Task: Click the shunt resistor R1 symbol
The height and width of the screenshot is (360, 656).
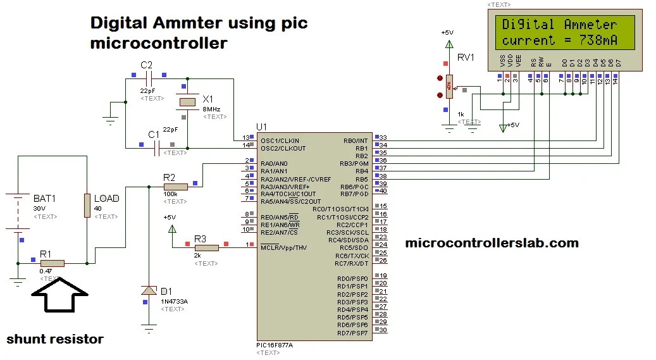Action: [52, 263]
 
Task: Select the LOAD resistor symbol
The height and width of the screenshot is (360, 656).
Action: [87, 206]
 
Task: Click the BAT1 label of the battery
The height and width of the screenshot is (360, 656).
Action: [44, 199]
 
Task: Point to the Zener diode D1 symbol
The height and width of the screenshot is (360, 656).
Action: [149, 290]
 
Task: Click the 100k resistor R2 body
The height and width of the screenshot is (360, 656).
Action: [175, 187]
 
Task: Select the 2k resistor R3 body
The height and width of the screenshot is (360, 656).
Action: [206, 247]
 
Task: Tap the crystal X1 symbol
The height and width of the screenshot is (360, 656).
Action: [187, 102]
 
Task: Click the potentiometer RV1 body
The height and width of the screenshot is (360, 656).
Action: [449, 86]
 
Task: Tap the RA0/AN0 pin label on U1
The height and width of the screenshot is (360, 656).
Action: [275, 164]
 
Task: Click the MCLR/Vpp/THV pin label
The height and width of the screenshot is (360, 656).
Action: [284, 247]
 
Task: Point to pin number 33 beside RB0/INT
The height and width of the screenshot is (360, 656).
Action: [383, 138]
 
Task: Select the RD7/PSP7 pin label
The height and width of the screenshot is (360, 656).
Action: [352, 333]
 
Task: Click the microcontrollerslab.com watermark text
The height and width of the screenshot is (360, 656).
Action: [491, 242]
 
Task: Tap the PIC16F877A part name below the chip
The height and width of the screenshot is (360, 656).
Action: [275, 345]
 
